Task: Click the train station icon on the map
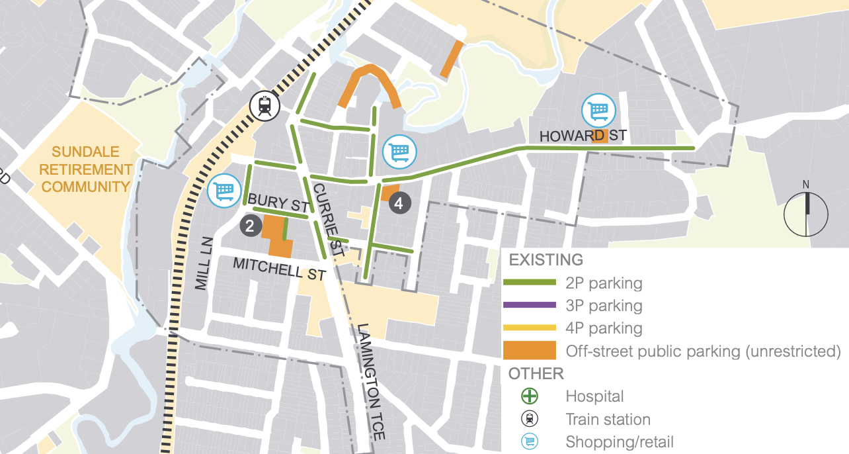pos(265,106)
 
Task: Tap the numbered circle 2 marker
pos(249,226)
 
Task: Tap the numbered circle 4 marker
pos(399,203)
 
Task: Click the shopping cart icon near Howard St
pos(598,111)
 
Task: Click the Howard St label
pos(583,136)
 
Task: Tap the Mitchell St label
pos(280,269)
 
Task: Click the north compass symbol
pos(805,212)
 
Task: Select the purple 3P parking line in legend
pos(530,305)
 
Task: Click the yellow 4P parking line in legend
pos(530,328)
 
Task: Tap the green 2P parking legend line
pos(530,283)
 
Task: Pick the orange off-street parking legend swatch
pos(530,350)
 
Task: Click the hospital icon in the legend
pos(530,396)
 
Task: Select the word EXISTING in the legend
pos(546,259)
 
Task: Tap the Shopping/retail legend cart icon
pos(530,441)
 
